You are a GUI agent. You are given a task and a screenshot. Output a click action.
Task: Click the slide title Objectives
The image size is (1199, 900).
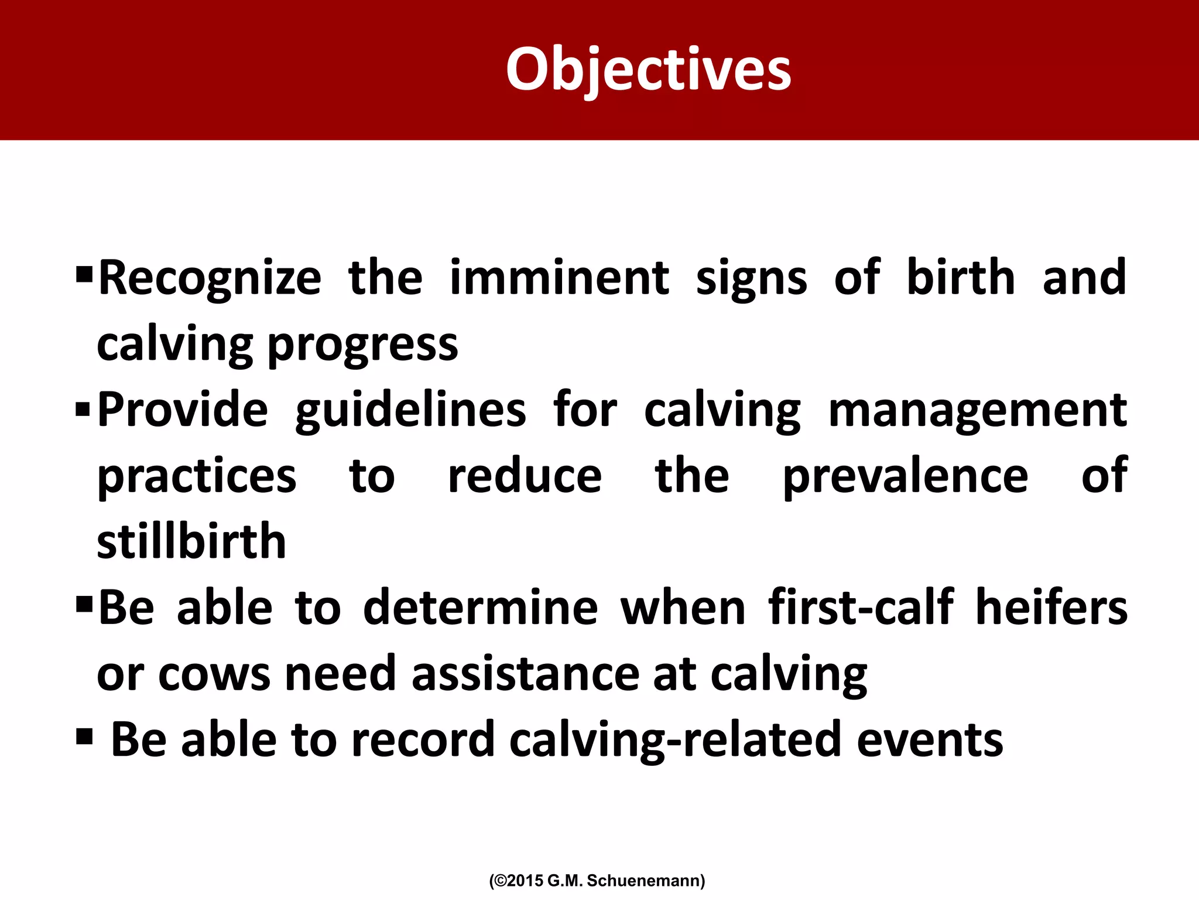(x=648, y=70)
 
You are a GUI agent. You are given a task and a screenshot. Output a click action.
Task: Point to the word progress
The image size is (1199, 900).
(x=362, y=346)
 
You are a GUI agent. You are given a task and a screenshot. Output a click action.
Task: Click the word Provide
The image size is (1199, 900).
(x=183, y=410)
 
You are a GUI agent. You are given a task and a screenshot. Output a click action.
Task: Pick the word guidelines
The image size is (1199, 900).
(x=410, y=411)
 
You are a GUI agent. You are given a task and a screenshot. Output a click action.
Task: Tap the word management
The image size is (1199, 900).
(x=977, y=411)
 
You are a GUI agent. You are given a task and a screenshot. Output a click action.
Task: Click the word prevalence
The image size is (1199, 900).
(x=905, y=476)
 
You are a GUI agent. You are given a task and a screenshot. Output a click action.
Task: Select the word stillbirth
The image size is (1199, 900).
(x=191, y=541)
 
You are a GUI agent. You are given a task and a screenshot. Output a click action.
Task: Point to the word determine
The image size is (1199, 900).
(x=480, y=608)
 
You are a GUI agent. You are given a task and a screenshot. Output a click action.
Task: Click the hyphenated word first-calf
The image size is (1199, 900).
(x=861, y=608)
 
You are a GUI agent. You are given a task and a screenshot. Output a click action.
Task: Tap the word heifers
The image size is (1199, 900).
(x=1051, y=608)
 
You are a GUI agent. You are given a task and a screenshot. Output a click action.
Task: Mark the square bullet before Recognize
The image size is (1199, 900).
(x=84, y=273)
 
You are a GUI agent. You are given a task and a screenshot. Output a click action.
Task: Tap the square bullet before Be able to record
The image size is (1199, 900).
(x=84, y=736)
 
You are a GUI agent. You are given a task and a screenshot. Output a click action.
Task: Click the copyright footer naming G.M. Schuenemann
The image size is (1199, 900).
(x=597, y=881)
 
